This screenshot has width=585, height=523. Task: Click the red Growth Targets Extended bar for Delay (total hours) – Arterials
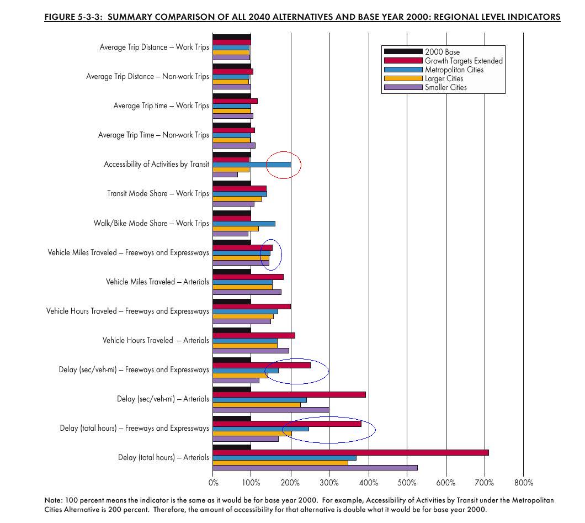click(350, 452)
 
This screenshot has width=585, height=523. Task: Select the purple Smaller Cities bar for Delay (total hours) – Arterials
click(315, 467)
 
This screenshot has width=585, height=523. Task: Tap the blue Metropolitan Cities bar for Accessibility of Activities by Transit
click(252, 164)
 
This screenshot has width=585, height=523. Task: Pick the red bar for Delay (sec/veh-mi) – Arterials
click(289, 394)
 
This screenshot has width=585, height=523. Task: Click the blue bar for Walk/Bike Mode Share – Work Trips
click(244, 223)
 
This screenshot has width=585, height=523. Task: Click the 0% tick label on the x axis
click(213, 483)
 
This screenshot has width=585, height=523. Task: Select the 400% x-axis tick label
click(369, 483)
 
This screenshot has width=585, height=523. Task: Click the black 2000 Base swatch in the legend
click(403, 52)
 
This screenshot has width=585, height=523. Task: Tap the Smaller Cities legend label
click(446, 87)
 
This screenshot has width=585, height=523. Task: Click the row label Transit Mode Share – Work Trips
click(158, 193)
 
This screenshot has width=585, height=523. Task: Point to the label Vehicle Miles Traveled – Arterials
click(157, 282)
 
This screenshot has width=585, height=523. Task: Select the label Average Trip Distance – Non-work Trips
click(147, 77)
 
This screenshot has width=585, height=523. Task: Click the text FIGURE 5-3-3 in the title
click(73, 17)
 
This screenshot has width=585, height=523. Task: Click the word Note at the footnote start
click(52, 500)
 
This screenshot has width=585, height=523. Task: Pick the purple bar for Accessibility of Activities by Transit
click(225, 175)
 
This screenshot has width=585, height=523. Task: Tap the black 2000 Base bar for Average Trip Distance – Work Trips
click(232, 37)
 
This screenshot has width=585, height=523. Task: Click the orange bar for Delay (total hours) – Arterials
click(280, 462)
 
